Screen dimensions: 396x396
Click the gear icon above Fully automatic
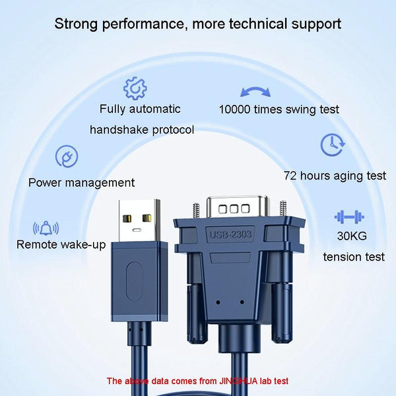coord(135,88)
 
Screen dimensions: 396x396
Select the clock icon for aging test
coord(333,145)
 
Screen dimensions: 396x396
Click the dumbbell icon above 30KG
coord(349,216)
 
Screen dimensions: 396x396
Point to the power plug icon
coord(67,156)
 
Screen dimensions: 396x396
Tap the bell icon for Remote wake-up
coord(46,228)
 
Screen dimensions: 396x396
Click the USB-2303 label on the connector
coord(230,234)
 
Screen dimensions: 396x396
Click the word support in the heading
coord(316,24)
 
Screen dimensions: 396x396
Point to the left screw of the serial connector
coord(196,210)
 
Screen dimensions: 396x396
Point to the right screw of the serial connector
coord(283,209)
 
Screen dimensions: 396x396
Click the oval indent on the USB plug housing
coord(135,281)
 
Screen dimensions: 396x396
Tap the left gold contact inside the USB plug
coord(127,218)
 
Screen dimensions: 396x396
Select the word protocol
coord(173,130)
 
